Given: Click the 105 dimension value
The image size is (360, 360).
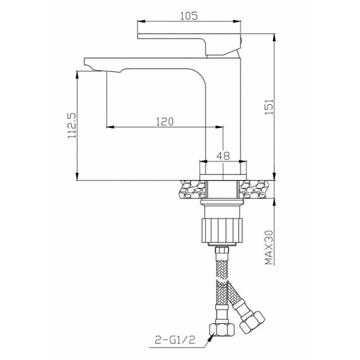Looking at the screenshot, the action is [x=189, y=16].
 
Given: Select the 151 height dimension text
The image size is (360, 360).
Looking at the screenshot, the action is [x=269, y=107].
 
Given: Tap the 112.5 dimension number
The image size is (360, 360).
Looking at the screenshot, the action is [x=71, y=126].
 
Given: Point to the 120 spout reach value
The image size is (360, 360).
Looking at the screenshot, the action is [x=164, y=121].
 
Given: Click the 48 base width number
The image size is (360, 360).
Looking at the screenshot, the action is [x=223, y=156].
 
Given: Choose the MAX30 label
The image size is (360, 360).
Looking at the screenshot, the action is [x=269, y=247].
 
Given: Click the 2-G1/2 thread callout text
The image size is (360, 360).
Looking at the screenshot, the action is [x=175, y=340].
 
